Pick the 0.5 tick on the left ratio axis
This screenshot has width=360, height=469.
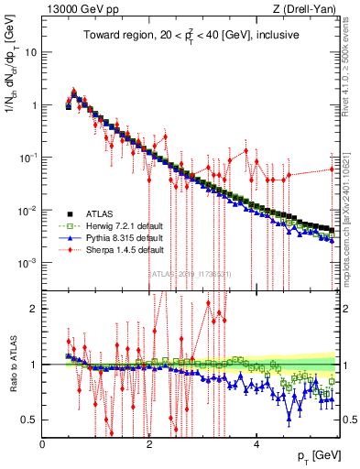[30, 420]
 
